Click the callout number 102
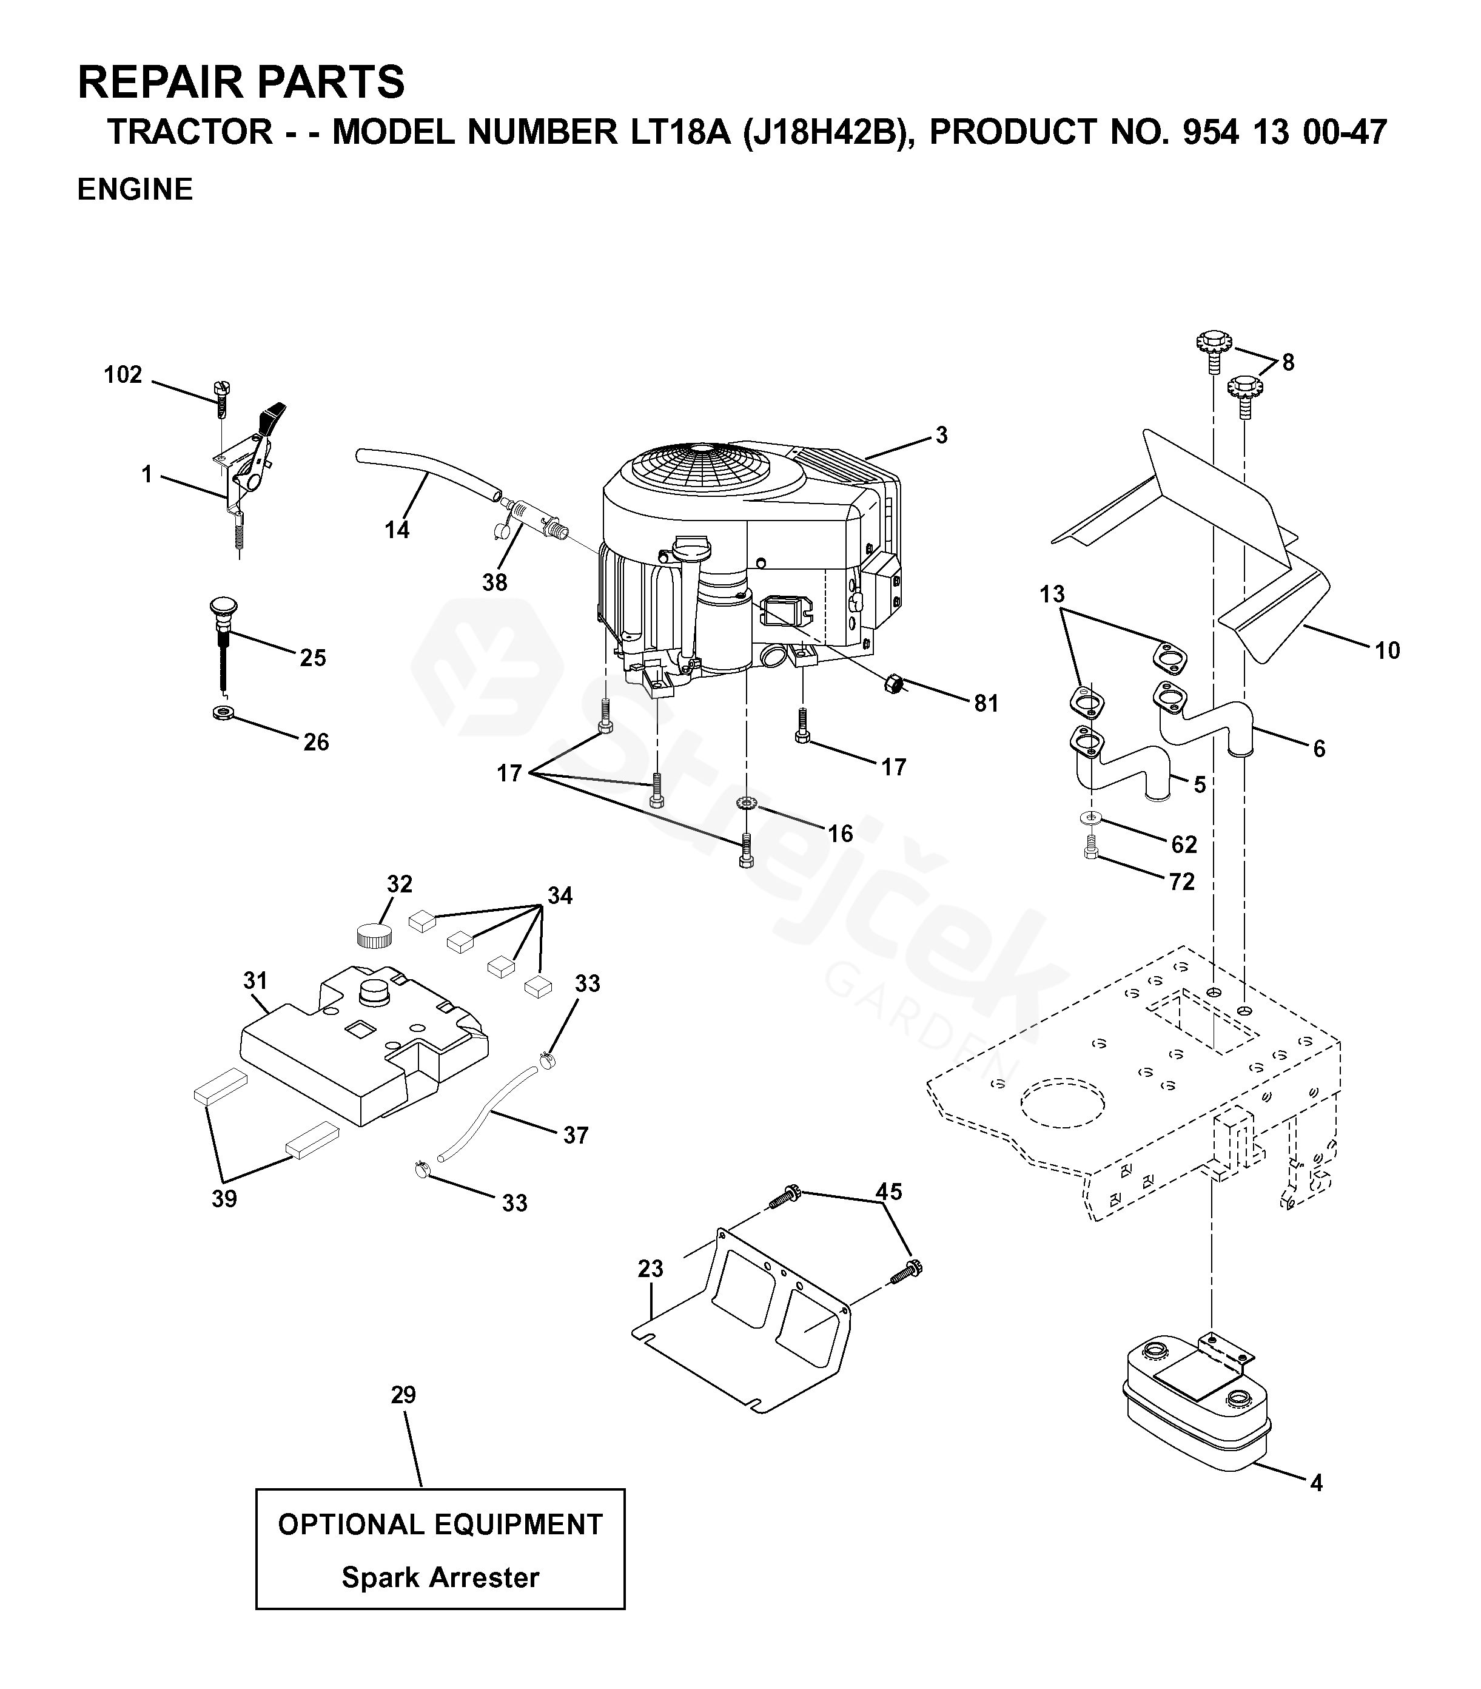123,375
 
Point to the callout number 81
986,703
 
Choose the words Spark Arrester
440,1577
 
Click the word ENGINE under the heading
135,189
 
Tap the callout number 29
403,1395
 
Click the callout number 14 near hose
397,530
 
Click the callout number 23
651,1269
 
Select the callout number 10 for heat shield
1388,651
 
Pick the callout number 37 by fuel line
576,1135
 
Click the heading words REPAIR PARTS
241,82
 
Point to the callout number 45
888,1191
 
